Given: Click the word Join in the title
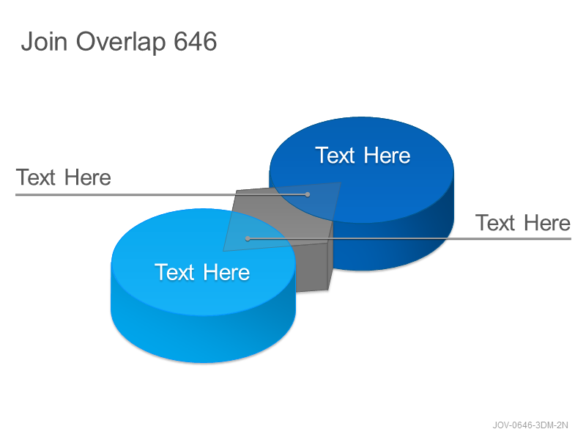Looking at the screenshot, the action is (x=44, y=41).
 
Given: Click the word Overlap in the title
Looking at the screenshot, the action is (x=121, y=43).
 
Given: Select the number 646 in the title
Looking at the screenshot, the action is (x=195, y=41).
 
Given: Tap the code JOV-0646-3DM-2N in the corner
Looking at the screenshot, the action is (x=530, y=425).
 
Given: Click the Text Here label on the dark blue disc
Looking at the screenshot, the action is (x=363, y=155).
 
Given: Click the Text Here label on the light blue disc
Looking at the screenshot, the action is (x=202, y=272).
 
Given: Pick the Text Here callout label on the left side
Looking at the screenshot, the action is (x=63, y=177).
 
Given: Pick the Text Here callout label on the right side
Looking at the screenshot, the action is (x=523, y=223).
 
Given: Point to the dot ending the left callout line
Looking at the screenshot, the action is (x=307, y=194).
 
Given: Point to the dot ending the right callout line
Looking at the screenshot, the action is (x=248, y=238).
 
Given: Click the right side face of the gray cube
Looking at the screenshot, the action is (x=330, y=262).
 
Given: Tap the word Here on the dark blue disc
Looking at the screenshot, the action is (x=387, y=155).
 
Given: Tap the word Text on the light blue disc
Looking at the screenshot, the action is (x=174, y=272).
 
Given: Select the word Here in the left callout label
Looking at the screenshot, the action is (x=87, y=177).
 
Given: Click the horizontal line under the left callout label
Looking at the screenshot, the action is (x=161, y=194).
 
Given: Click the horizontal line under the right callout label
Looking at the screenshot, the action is (x=409, y=238).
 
